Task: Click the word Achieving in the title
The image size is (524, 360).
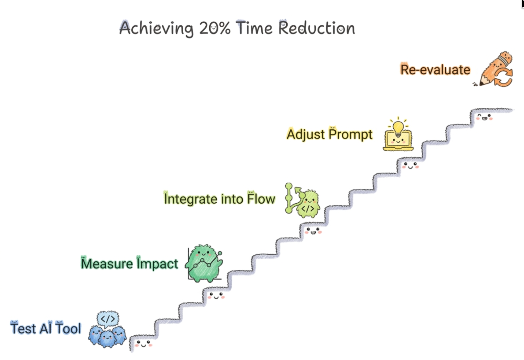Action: tap(156, 28)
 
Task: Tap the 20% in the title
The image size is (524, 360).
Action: tap(215, 28)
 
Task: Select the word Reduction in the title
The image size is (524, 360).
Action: tap(317, 28)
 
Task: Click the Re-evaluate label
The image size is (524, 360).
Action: tap(435, 70)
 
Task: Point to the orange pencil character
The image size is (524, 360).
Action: tap(494, 68)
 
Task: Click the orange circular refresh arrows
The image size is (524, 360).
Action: tap(503, 77)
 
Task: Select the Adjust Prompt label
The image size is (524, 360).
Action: tap(330, 134)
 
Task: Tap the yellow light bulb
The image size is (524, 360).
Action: tap(398, 127)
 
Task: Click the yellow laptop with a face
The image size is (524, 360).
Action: tap(398, 140)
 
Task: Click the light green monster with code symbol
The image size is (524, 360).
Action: tap(308, 204)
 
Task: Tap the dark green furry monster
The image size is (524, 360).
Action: tap(204, 263)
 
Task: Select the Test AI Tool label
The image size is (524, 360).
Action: tap(46, 328)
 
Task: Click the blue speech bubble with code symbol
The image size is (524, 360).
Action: tap(108, 319)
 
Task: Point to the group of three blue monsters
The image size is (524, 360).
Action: tap(107, 336)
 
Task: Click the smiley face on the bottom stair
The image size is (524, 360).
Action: tap(143, 344)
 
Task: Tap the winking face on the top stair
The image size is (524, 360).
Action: tap(484, 117)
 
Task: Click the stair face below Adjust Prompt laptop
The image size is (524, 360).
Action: tap(410, 165)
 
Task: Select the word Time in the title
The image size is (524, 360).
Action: tap(254, 28)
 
